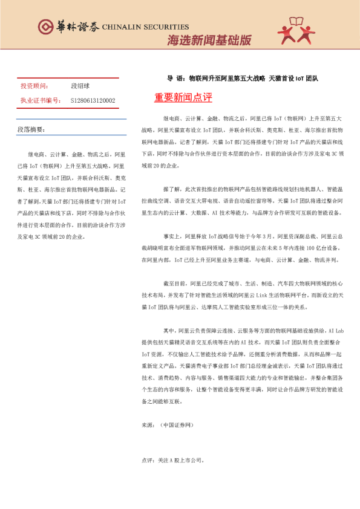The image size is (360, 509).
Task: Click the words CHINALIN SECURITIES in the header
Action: (x=146, y=27)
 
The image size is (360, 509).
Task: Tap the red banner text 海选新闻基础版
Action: (x=209, y=41)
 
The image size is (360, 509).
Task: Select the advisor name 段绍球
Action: (x=80, y=87)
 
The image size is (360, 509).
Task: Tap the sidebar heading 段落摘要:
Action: (x=31, y=130)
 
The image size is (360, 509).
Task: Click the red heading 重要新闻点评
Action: (x=183, y=97)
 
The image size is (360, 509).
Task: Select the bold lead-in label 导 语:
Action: (x=176, y=79)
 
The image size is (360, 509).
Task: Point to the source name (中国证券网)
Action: (x=177, y=426)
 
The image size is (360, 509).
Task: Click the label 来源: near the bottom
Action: (x=148, y=426)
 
